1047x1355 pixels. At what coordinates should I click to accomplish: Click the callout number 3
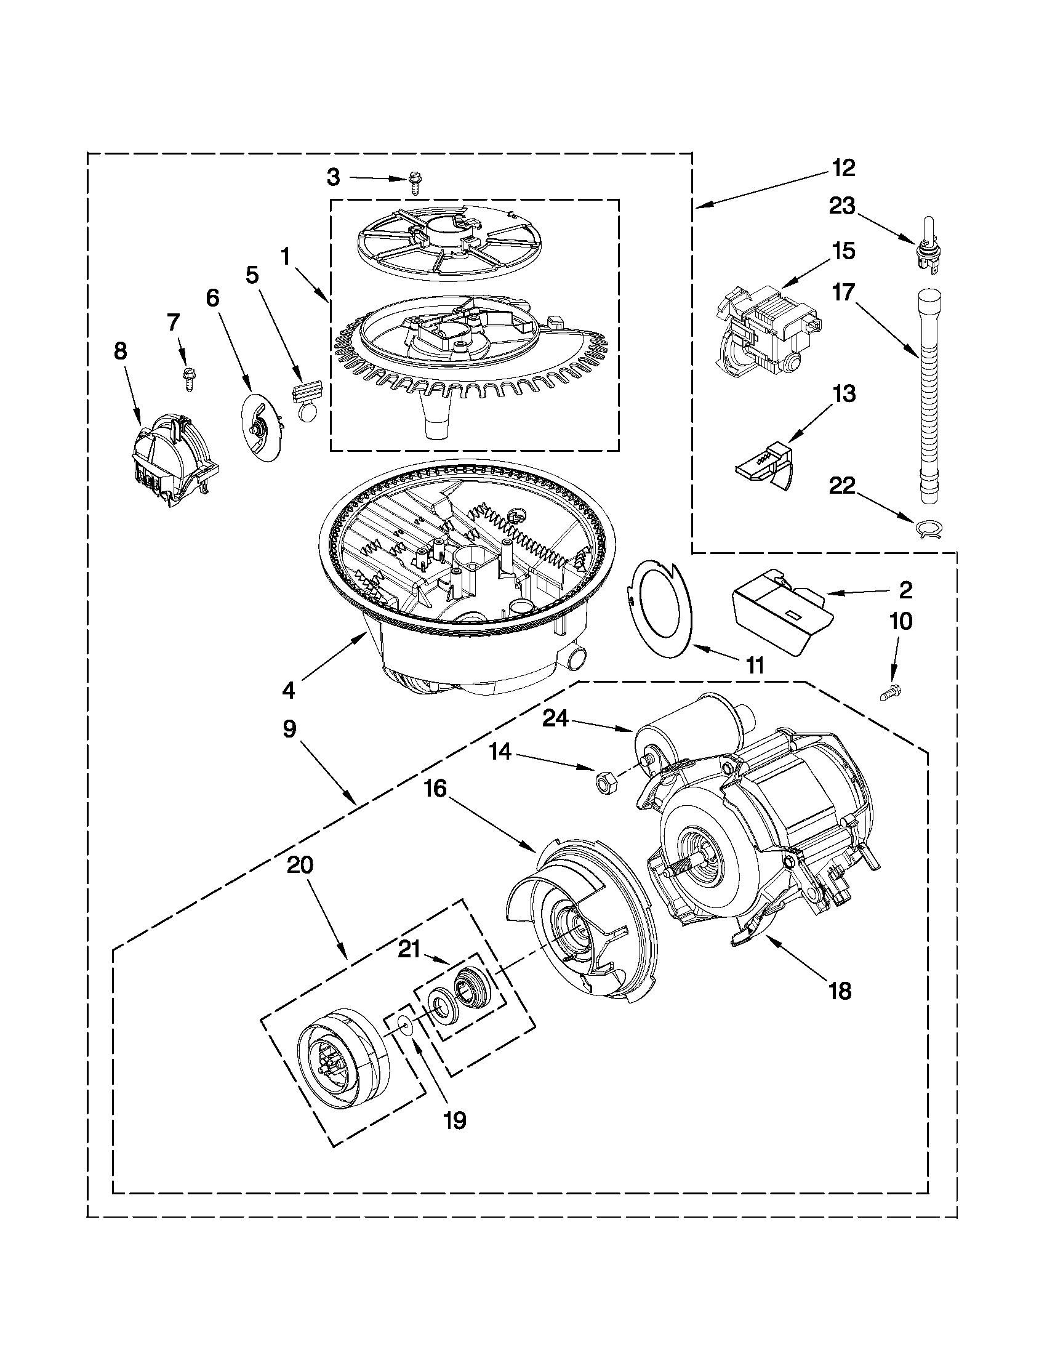(334, 178)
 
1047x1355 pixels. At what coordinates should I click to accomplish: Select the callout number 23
(842, 207)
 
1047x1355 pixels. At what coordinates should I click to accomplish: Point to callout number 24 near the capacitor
(556, 718)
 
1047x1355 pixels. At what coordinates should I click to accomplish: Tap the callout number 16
(435, 789)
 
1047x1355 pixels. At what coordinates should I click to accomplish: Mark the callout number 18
(840, 991)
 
